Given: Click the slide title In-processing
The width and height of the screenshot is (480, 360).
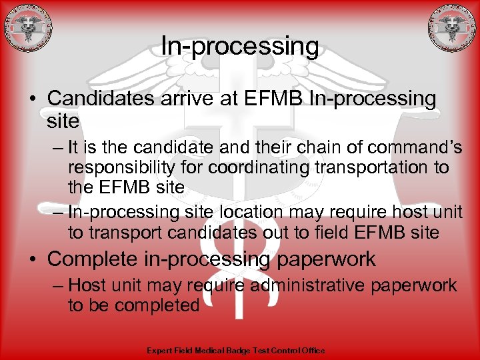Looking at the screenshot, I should coord(240,47).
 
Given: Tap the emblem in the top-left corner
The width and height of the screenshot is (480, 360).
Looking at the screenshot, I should coord(27,27).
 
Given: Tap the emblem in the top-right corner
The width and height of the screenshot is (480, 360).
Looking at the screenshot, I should coord(452,27).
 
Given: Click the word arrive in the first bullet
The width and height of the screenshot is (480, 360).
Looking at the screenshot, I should coord(171,98).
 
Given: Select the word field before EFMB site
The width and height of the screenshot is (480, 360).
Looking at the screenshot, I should coord(338,233).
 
